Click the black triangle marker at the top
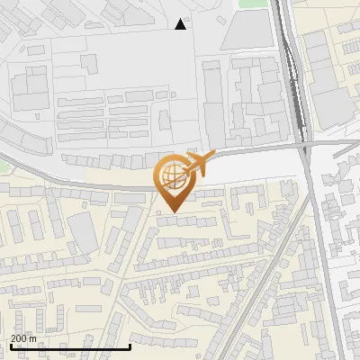181,24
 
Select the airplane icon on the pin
197,163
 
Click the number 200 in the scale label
19,338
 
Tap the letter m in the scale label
33,338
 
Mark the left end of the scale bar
10,346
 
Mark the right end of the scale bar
130,346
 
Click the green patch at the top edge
253,4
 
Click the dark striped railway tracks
293,81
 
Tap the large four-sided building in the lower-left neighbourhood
84,232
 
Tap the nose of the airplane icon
213,156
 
